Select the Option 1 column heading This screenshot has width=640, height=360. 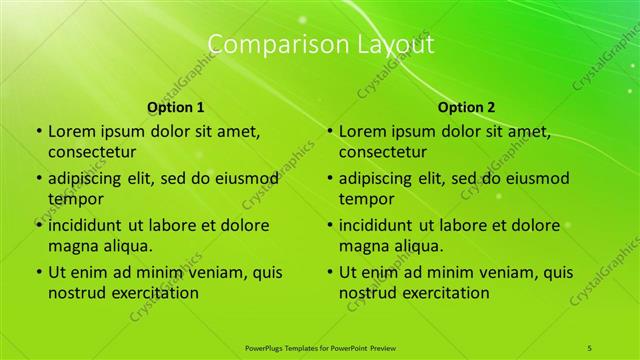[176, 107]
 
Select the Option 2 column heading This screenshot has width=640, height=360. [466, 107]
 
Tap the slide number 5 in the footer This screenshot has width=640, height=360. [591, 346]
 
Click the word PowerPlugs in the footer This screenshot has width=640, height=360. [267, 346]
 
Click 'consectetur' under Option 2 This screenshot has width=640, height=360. [383, 152]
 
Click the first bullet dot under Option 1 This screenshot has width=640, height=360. [38, 131]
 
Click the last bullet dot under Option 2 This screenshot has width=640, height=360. [329, 272]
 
